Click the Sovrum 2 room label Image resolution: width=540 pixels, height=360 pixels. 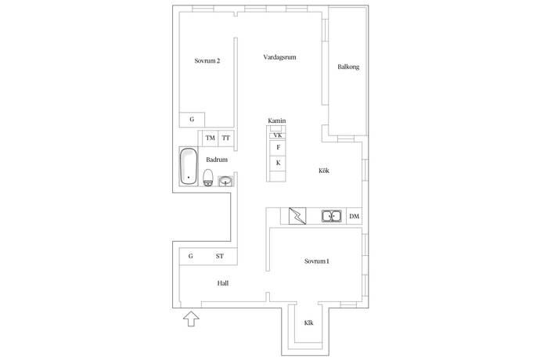tap(207, 61)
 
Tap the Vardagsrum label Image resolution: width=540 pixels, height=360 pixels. tap(279, 57)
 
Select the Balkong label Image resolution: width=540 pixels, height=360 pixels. tap(348, 67)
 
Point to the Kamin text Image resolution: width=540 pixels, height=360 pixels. tap(277, 121)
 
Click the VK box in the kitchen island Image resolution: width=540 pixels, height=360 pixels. tap(278, 135)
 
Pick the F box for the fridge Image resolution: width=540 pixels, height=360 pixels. tap(278, 147)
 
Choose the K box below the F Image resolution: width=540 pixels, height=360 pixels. tap(278, 164)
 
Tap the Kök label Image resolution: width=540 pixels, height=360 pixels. tap(324, 171)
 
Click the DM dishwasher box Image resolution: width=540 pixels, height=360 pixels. tap(354, 216)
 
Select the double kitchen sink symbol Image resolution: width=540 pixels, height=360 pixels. tap(331, 216)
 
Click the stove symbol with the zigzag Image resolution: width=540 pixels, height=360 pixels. tap(297, 216)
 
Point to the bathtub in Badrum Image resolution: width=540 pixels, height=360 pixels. tap(189, 167)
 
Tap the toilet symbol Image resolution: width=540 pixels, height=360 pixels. tap(208, 178)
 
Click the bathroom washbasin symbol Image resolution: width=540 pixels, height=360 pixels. tap(225, 182)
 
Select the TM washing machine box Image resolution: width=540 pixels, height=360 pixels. tap(210, 139)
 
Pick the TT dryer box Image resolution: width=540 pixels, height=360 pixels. tap(226, 139)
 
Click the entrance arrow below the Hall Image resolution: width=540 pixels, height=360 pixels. tap(191, 319)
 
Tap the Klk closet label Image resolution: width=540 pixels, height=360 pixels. tap(308, 323)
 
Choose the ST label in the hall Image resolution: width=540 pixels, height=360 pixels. tap(220, 257)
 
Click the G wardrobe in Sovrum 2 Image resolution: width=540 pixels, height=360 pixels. tap(192, 120)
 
